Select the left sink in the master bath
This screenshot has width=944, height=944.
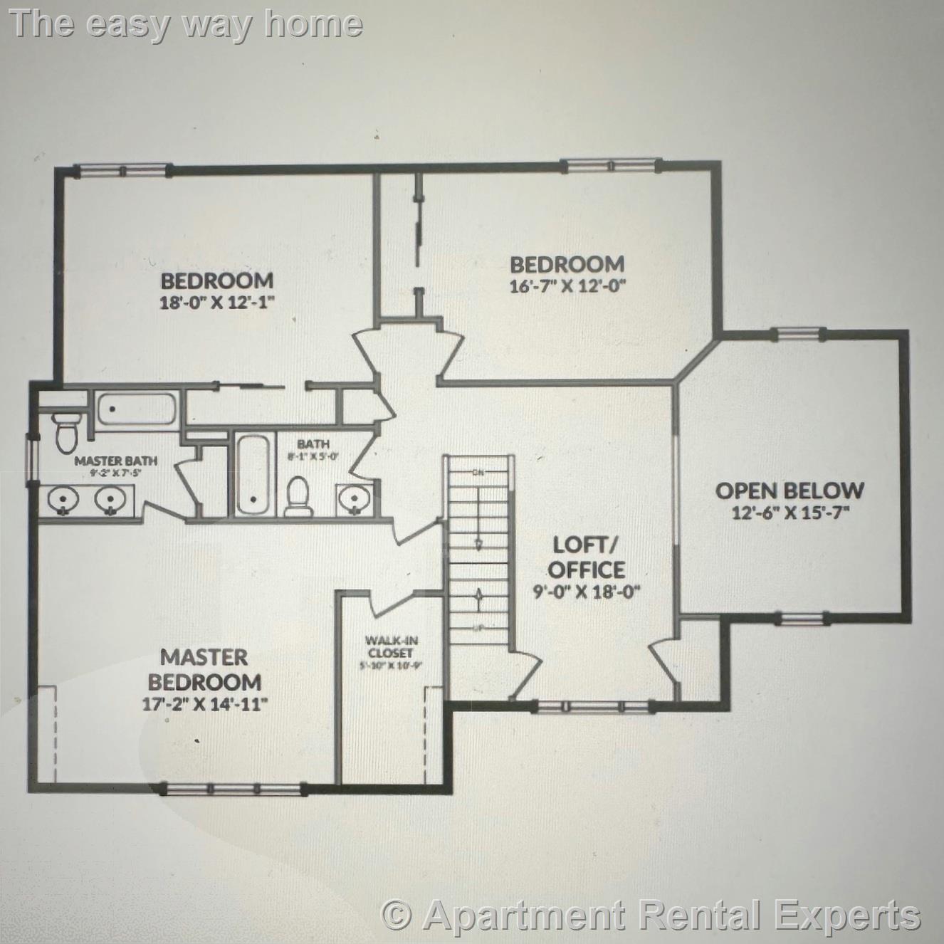click(63, 500)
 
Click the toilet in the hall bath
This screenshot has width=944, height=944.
click(298, 495)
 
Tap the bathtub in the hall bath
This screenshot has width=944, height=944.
click(252, 474)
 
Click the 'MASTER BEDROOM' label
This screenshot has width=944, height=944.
click(204, 669)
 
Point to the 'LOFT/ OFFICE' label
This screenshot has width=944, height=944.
click(587, 557)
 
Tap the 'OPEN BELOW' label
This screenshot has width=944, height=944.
click(790, 491)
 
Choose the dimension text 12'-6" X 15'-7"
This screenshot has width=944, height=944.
click(791, 513)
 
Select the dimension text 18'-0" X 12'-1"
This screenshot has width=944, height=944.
click(217, 302)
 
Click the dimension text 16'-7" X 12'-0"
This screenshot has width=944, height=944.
click(567, 287)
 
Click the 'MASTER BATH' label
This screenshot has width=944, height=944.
click(116, 461)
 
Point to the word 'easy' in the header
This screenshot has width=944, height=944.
click(128, 24)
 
